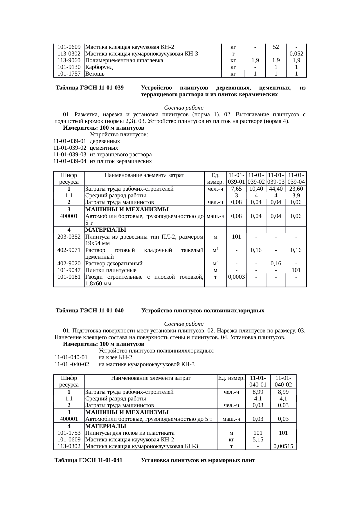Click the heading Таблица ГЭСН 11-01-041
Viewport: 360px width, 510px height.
click(88, 461)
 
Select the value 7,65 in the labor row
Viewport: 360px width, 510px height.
click(236, 189)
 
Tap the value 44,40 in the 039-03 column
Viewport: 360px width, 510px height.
click(276, 189)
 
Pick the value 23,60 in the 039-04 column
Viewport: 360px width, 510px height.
click(296, 189)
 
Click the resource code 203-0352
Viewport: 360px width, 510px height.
click(69, 237)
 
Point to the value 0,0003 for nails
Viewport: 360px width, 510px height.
click(236, 277)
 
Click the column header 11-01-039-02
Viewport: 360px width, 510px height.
click(256, 178)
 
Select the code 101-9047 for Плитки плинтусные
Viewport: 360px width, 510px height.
click(69, 270)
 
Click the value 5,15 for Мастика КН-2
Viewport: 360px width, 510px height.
click(258, 440)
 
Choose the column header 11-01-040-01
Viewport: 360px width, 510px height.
click(258, 381)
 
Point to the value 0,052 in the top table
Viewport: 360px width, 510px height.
click(296, 54)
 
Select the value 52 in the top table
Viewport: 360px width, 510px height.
click(276, 47)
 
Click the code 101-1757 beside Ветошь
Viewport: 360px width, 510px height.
click(69, 74)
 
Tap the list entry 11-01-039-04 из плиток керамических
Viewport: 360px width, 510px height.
click(102, 161)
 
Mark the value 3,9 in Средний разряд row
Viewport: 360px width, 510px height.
click(296, 196)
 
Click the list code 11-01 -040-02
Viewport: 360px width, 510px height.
click(72, 364)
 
